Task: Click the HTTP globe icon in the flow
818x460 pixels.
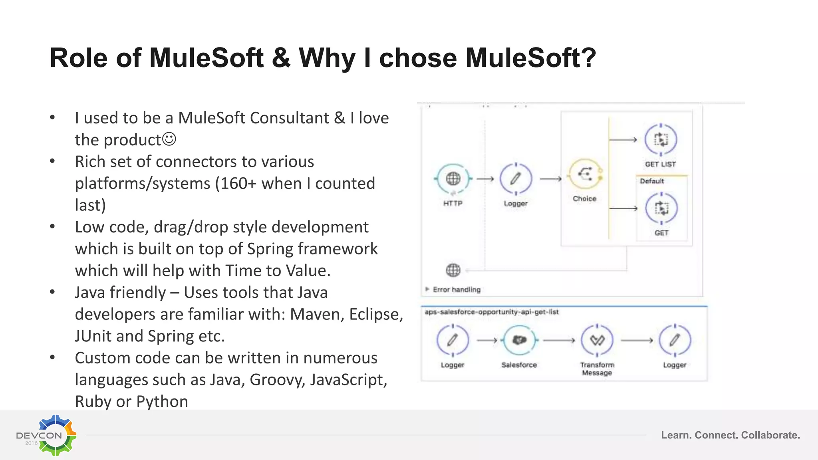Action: [x=453, y=178]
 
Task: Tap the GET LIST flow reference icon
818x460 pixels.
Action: [x=661, y=140]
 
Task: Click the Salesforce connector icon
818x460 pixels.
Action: [x=519, y=340]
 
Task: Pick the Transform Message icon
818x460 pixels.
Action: [x=597, y=340]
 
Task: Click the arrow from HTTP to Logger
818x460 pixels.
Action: [x=485, y=179]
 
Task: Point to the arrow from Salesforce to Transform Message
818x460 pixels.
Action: [x=558, y=340]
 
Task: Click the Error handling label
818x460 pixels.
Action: [x=457, y=289]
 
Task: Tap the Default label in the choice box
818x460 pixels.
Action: [x=652, y=181]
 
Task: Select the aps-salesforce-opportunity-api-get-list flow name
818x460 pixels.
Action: [x=491, y=312]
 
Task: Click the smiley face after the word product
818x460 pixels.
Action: [x=169, y=139]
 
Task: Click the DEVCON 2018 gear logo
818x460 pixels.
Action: [x=56, y=435]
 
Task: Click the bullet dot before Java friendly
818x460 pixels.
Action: [x=52, y=292]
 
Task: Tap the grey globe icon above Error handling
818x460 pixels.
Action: [x=453, y=270]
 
